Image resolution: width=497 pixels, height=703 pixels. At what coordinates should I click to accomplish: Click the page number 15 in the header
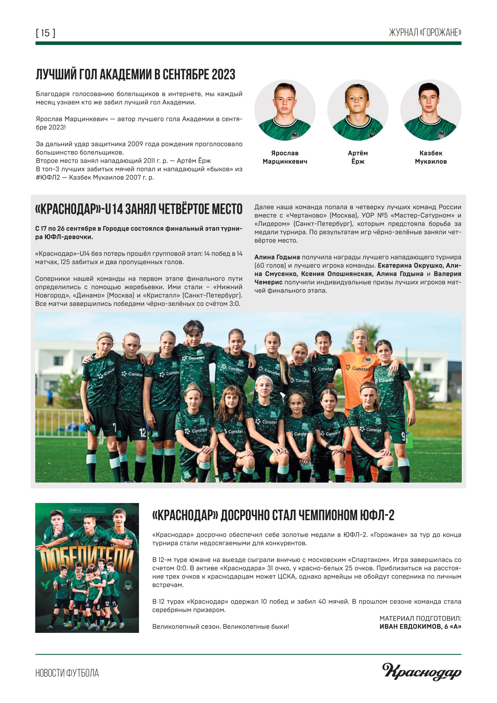pyautogui.click(x=46, y=33)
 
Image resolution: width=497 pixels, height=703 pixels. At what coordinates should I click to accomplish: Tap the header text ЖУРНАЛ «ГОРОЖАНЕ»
pyautogui.click(x=425, y=33)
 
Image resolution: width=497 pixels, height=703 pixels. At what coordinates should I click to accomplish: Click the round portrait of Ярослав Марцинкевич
pyautogui.click(x=285, y=110)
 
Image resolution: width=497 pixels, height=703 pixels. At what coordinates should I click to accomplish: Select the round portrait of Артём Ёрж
pyautogui.click(x=358, y=110)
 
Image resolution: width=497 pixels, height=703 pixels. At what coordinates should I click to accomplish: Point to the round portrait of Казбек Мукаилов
pyautogui.click(x=431, y=110)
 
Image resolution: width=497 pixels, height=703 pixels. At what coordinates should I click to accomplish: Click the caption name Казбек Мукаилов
pyautogui.click(x=431, y=157)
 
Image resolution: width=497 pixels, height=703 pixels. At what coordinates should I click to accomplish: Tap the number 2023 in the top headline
pyautogui.click(x=223, y=75)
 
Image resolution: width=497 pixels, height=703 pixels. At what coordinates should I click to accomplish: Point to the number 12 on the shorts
pyautogui.click(x=143, y=432)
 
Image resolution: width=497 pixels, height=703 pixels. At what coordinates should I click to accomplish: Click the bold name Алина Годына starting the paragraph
pyautogui.click(x=277, y=257)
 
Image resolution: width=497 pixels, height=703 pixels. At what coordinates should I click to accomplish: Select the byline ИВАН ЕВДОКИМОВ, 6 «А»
pyautogui.click(x=420, y=626)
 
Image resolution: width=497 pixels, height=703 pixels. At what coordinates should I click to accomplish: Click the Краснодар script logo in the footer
pyautogui.click(x=422, y=671)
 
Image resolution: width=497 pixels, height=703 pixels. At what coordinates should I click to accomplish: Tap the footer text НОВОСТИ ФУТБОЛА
pyautogui.click(x=67, y=673)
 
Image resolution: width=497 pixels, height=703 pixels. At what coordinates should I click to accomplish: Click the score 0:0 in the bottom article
pyautogui.click(x=182, y=568)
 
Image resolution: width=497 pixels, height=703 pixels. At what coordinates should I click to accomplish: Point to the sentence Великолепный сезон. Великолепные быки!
pyautogui.click(x=221, y=626)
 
